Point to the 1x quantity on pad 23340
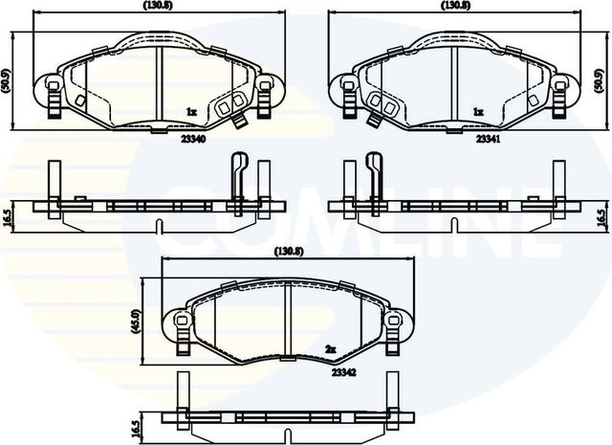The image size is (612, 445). [x=190, y=112]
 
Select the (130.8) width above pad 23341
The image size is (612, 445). [x=455, y=6]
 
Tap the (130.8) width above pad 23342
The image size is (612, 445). [x=289, y=252]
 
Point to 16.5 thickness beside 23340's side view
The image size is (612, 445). [x=7, y=217]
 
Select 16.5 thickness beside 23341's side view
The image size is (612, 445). [x=601, y=217]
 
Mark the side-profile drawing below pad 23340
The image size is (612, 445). [x=158, y=205]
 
